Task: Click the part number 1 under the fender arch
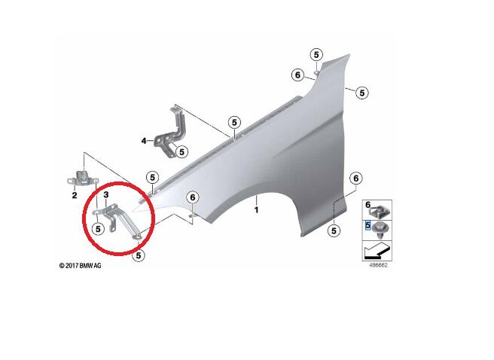coord(257,210)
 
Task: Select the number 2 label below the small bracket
coord(75,195)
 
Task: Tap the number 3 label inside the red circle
coord(106,194)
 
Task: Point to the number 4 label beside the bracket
coord(144,141)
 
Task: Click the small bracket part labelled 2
coord(83,179)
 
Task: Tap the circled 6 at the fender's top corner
coord(297,75)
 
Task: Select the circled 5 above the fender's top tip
coord(316,55)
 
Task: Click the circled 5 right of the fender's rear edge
coord(361,93)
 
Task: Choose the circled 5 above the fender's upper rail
coord(234,122)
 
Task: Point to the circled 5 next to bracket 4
coord(181,152)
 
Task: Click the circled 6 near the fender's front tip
coord(193,197)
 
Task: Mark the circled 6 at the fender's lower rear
coord(355,178)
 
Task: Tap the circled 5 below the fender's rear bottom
coord(334,231)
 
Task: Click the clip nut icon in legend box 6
coord(381,211)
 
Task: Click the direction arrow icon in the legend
coord(377,251)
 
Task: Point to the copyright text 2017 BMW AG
coord(81,266)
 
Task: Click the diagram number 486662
coord(378,265)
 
